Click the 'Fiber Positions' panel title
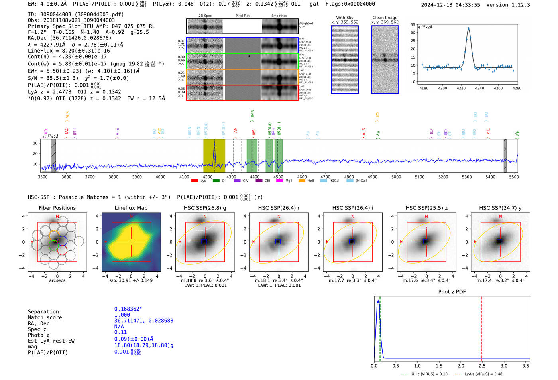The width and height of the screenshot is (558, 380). click(x=57, y=208)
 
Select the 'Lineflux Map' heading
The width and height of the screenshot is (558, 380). click(x=131, y=208)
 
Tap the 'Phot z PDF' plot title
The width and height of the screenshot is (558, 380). click(x=452, y=292)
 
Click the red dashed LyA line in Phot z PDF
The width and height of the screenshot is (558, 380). click(x=481, y=327)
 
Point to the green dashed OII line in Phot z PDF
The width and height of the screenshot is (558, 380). click(x=380, y=327)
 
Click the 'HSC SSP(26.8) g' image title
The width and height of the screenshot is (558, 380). click(x=205, y=208)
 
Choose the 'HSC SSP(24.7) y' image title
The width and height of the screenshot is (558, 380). click(x=500, y=208)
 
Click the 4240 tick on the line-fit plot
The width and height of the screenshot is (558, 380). click(x=480, y=88)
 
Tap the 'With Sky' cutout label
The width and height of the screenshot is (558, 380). click(x=345, y=18)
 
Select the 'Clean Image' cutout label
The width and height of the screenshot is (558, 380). click(x=385, y=18)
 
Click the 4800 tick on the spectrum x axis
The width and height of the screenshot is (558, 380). click(x=349, y=177)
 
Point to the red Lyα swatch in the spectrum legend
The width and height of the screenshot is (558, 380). click(x=195, y=181)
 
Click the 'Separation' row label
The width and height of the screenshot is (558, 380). click(x=43, y=312)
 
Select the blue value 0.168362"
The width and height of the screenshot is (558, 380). click(x=128, y=309)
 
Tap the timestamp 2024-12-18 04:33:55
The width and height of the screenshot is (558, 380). click(x=450, y=5)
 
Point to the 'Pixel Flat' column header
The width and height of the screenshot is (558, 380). click(x=242, y=16)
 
